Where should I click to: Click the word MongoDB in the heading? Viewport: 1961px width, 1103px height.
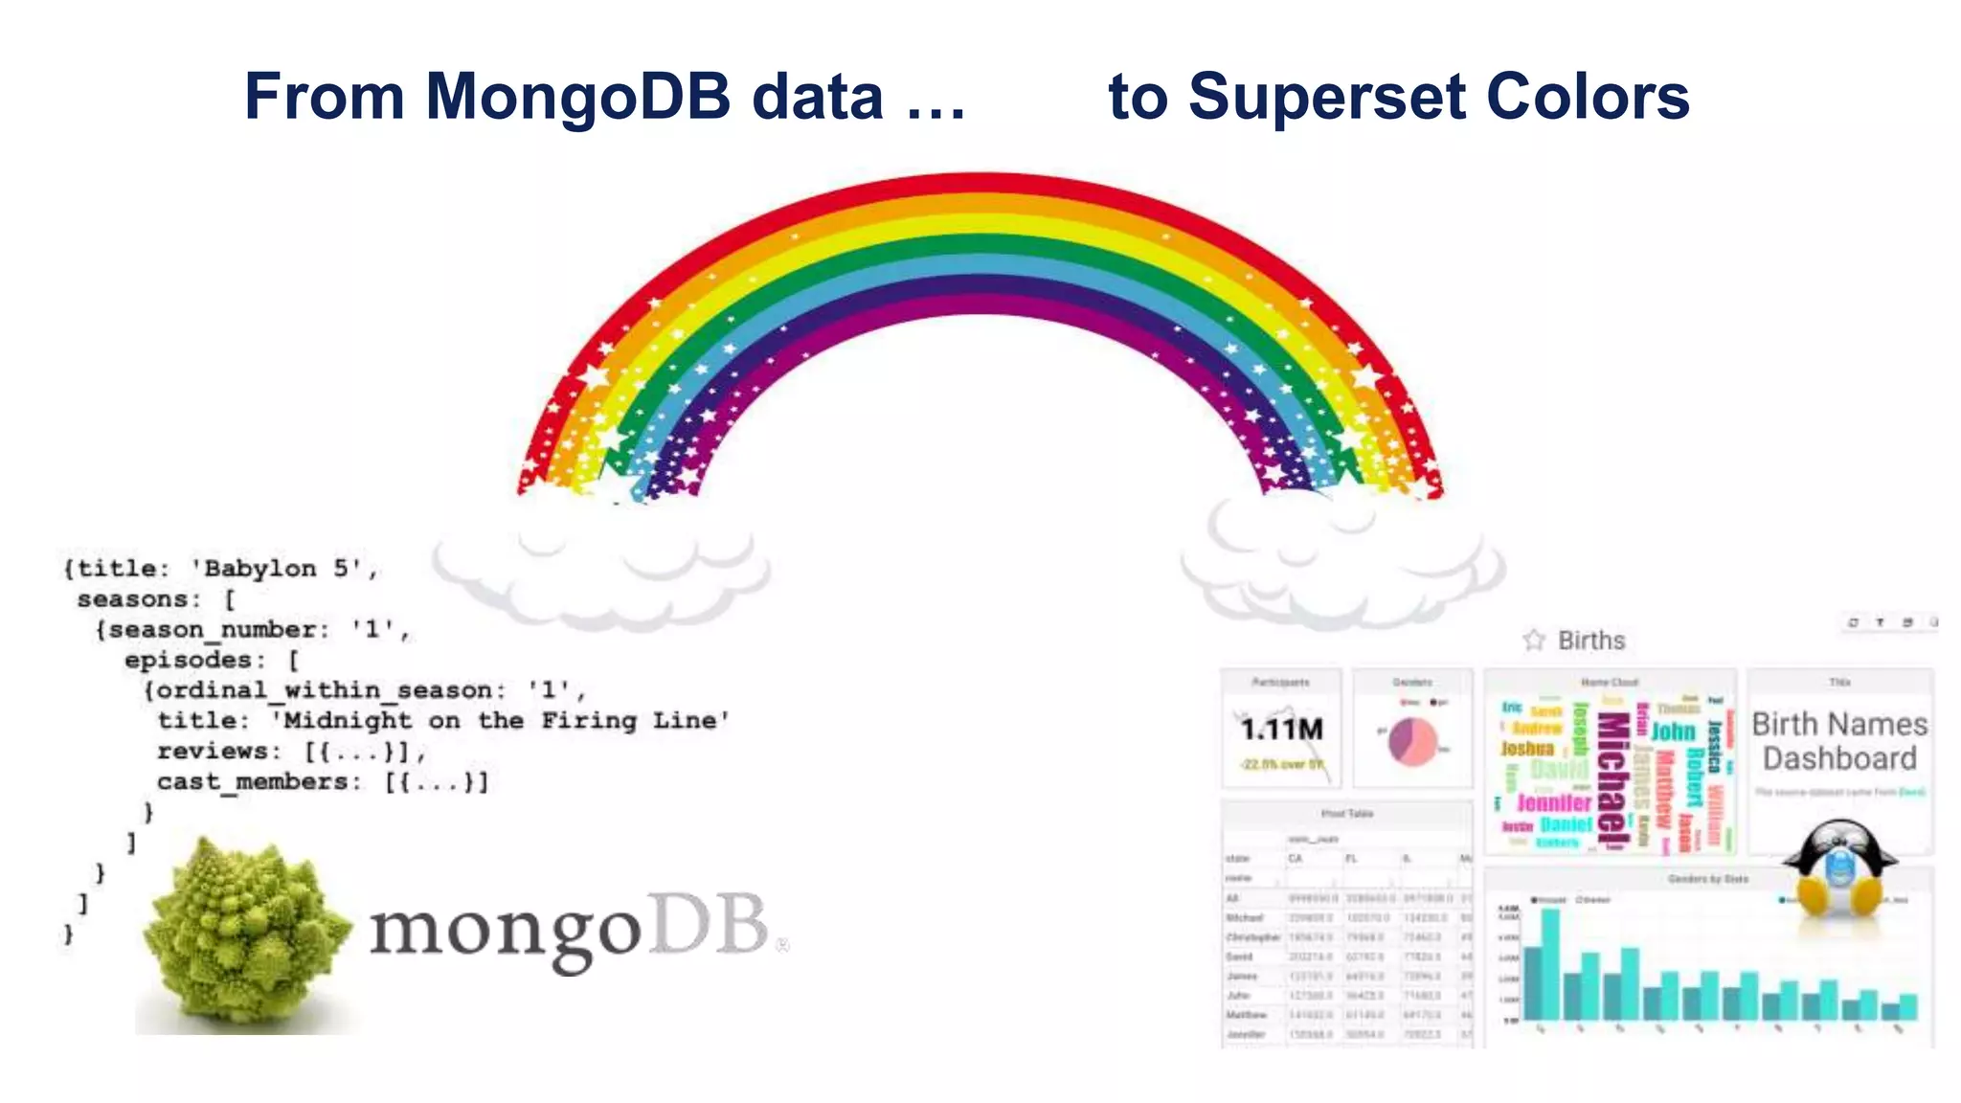[576, 97]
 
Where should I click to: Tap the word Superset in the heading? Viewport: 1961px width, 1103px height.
[1327, 97]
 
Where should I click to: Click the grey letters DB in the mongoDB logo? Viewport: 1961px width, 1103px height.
[709, 926]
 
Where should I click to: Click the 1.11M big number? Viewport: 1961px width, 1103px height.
[1281, 731]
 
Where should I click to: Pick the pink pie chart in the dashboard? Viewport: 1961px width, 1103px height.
[1412, 741]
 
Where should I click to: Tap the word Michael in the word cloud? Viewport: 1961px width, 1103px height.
[1613, 780]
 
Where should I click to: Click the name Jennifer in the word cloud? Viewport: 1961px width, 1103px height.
[1553, 802]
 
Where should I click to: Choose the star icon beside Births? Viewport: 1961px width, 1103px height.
[1534, 640]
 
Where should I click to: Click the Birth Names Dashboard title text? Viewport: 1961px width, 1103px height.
[1839, 741]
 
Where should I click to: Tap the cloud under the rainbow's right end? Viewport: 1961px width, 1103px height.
[1341, 565]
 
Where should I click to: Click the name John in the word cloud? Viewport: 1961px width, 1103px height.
[1673, 732]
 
